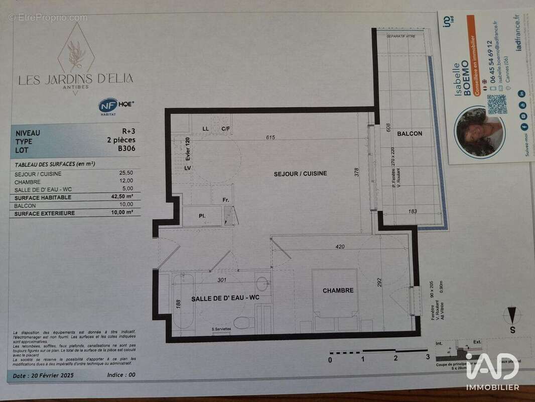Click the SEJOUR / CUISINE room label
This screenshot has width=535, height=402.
[300, 173]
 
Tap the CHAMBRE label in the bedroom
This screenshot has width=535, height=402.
[338, 290]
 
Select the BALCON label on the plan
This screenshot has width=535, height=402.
[410, 134]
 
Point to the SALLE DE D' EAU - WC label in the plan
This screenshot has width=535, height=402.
[225, 298]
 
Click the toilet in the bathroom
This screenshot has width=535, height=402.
[244, 322]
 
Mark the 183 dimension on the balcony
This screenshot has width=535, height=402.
[413, 212]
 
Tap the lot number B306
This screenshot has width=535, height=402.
[126, 148]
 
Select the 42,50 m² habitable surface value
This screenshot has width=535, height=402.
[123, 197]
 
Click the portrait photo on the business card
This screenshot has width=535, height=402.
[479, 132]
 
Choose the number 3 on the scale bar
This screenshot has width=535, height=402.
[428, 358]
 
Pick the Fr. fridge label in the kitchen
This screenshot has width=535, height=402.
[226, 200]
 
